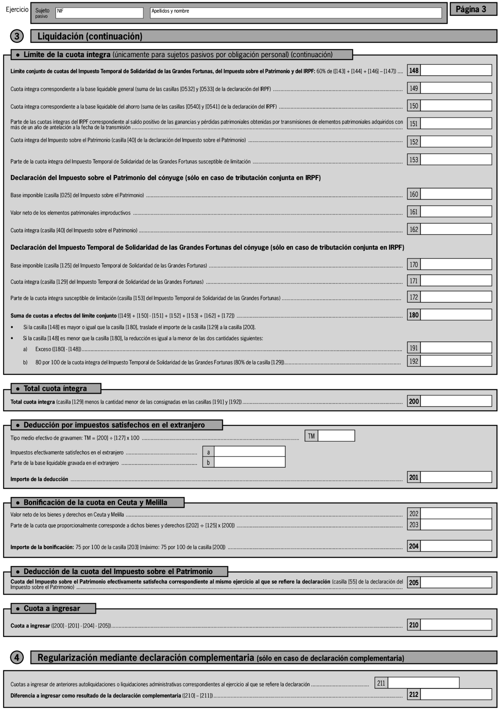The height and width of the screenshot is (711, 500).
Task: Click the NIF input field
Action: click(x=99, y=13)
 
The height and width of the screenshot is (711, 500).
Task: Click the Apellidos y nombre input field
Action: click(x=296, y=13)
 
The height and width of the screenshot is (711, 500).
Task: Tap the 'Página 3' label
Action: click(x=473, y=9)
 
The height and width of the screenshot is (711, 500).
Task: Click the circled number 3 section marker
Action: click(x=17, y=36)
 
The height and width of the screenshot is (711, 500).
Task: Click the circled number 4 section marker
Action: click(x=17, y=657)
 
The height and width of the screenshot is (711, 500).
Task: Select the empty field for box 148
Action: click(x=456, y=70)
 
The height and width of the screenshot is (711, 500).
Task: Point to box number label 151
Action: click(x=414, y=124)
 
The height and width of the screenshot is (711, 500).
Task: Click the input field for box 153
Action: click(x=456, y=159)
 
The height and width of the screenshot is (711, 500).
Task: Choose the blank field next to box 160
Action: click(x=456, y=194)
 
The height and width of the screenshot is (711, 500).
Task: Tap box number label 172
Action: click(x=414, y=297)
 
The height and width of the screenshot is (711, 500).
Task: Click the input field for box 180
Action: click(x=456, y=315)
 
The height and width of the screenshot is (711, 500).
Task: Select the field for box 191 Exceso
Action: click(x=456, y=348)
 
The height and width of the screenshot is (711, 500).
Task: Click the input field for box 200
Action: click(x=456, y=401)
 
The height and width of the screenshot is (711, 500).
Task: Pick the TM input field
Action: click(x=336, y=436)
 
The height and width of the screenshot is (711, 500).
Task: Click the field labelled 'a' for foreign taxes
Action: click(x=249, y=452)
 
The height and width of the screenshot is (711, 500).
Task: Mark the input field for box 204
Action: click(x=456, y=546)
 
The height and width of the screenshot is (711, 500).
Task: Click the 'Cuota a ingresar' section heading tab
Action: click(x=53, y=608)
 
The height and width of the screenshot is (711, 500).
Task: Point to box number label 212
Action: click(x=414, y=695)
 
